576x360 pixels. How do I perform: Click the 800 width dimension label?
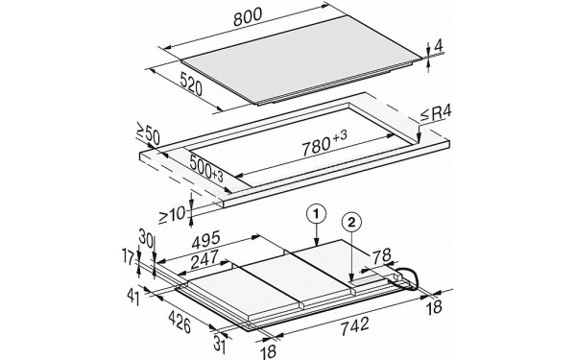click(248, 16)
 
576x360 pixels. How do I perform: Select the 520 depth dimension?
click(191, 84)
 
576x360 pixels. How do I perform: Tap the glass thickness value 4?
click(439, 46)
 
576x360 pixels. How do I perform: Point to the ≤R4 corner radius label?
click(436, 114)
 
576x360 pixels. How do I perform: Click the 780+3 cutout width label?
click(324, 143)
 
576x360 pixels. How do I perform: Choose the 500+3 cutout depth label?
click(206, 168)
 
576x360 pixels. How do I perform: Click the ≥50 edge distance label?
click(148, 133)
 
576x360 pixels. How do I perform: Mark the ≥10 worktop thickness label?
click(172, 214)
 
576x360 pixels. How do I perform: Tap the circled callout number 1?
click(317, 213)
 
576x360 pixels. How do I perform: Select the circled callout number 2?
click(351, 222)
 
